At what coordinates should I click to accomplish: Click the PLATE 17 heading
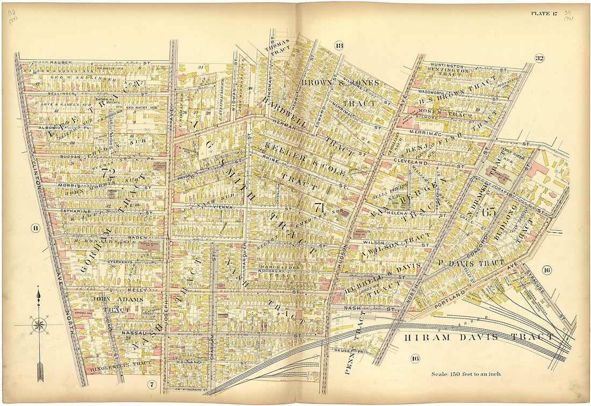[x=544, y=13]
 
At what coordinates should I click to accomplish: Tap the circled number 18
[x=338, y=45]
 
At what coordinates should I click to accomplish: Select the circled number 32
[x=539, y=58]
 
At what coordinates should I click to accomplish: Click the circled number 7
[x=152, y=383]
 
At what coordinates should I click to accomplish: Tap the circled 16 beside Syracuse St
[x=546, y=270]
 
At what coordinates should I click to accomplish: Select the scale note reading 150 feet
[x=464, y=374]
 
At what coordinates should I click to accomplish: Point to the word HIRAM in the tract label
[x=422, y=337]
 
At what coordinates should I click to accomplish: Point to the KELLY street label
[x=138, y=289]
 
